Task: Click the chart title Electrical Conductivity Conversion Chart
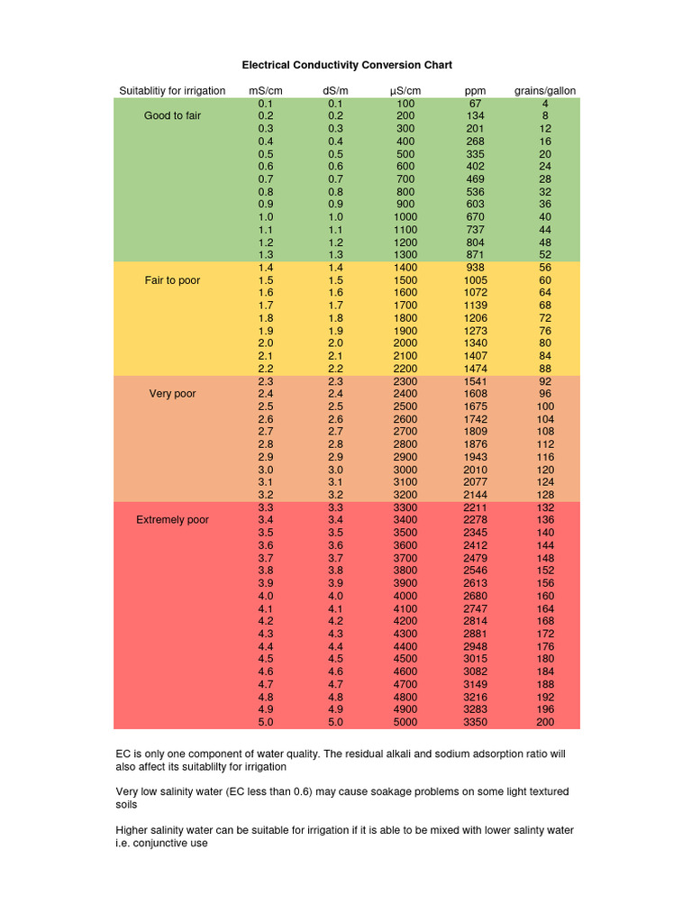(x=347, y=65)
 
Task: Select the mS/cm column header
(x=266, y=91)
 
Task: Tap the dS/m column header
(x=335, y=91)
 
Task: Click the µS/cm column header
(x=405, y=91)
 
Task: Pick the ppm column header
(x=475, y=91)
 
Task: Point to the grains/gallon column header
(x=545, y=91)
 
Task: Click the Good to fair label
(x=172, y=116)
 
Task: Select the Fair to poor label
(x=172, y=280)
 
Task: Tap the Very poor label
(x=172, y=394)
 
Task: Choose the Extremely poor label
(x=172, y=520)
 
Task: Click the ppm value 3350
(x=475, y=722)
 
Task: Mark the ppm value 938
(x=475, y=268)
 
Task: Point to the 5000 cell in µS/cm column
(x=405, y=722)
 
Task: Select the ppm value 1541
(x=475, y=381)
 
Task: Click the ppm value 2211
(x=475, y=507)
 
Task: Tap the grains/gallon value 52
(x=545, y=255)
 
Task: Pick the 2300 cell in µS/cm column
(x=405, y=381)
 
